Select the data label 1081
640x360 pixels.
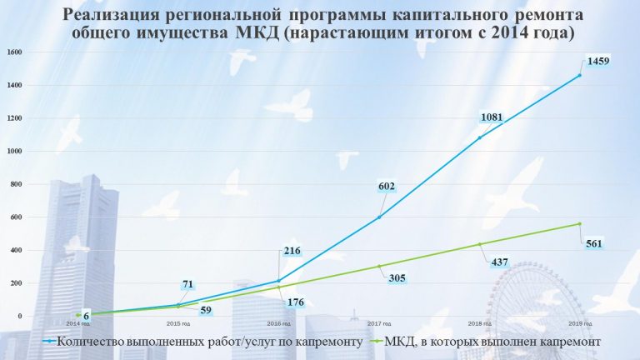492,117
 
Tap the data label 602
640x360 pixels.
385,187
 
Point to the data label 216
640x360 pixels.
291,250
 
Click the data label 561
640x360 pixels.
594,244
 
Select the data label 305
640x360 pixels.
397,278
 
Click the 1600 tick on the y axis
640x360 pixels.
14,52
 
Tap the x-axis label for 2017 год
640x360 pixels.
378,323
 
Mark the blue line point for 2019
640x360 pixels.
579,75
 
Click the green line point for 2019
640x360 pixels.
579,223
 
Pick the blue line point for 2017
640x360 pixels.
379,217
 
